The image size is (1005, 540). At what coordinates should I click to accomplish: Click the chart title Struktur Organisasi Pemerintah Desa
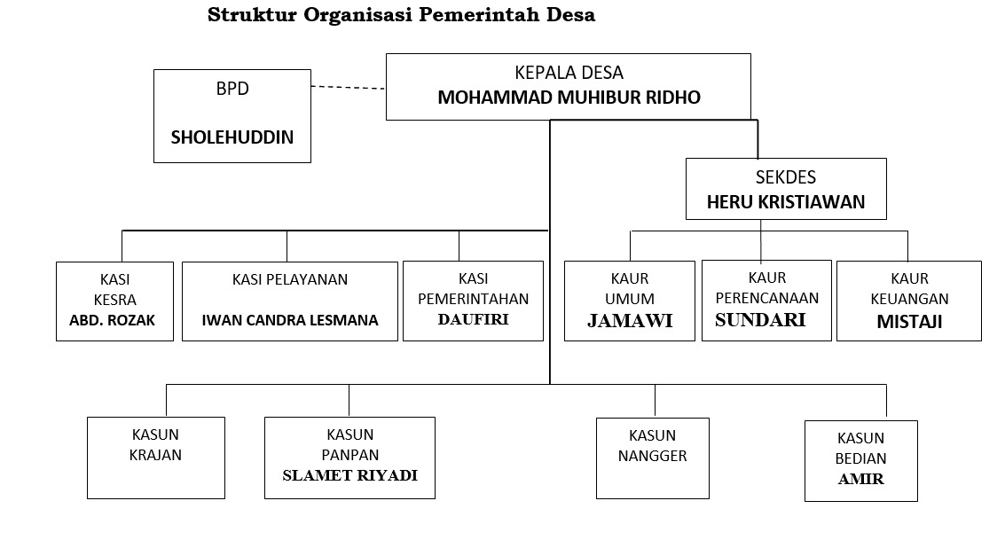coord(401,15)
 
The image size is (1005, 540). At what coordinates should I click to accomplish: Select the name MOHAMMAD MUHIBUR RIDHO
coord(569,98)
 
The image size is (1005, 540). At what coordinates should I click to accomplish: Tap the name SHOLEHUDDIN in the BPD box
coord(232,137)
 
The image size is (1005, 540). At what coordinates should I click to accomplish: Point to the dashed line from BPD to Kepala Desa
coord(348,87)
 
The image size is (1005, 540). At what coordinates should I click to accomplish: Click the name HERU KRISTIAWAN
coord(785,201)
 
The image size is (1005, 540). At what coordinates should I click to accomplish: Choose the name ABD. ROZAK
coord(112,320)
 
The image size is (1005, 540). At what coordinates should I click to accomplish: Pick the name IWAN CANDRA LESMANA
coord(290,320)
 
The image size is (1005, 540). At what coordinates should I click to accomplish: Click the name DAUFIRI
coord(473,319)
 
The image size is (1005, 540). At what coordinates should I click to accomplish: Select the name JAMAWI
coord(630,321)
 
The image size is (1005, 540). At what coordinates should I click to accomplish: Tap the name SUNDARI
coord(760,320)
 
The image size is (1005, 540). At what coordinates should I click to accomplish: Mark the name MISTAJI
coord(908,322)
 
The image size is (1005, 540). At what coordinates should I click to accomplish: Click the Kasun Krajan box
coord(155,457)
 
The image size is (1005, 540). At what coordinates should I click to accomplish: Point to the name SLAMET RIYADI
coord(349,474)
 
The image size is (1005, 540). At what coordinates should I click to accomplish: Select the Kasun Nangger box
coord(652,457)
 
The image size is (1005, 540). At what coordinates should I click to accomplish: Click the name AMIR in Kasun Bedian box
coord(860,480)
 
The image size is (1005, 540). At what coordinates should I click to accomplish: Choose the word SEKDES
coord(786,176)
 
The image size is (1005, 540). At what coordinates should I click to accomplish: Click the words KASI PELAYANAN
coord(290,279)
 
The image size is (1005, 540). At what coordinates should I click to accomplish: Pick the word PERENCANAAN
coord(766,298)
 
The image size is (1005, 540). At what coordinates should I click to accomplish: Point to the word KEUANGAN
coord(908,300)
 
